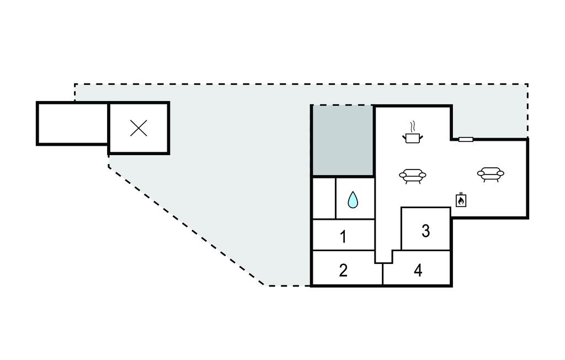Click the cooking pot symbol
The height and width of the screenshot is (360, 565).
click(412, 138)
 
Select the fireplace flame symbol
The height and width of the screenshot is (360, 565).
click(461, 202)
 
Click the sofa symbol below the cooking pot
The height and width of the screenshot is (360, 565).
click(413, 176)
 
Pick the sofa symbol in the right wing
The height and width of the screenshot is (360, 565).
click(491, 174)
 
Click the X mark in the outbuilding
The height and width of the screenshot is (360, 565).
click(138, 128)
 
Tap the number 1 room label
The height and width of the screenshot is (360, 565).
click(343, 237)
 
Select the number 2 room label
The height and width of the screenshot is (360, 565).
click(343, 270)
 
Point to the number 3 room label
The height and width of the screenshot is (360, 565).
click(425, 231)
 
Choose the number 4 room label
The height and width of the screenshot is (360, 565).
click(418, 270)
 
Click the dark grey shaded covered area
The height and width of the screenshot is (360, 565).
click(342, 140)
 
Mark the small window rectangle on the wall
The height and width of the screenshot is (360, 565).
click(466, 139)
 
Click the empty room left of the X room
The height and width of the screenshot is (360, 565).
click(73, 123)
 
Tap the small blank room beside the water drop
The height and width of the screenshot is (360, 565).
click(324, 198)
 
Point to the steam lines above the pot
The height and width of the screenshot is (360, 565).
click(412, 126)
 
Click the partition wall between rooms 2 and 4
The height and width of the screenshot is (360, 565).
click(382, 274)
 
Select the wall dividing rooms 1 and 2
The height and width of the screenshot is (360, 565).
click(343, 250)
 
